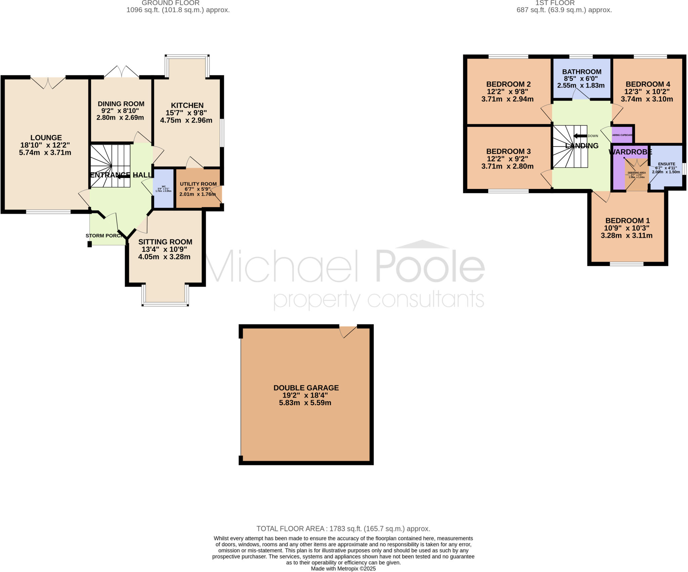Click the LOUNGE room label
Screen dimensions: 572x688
pyautogui.click(x=46, y=138)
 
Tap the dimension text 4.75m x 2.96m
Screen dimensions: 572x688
pyautogui.click(x=186, y=120)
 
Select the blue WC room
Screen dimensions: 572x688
pyautogui.click(x=164, y=188)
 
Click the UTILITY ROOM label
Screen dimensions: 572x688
pyautogui.click(x=198, y=184)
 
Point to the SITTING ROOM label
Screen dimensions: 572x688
pyautogui.click(x=165, y=242)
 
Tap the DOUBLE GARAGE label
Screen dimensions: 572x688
pyautogui.click(x=306, y=388)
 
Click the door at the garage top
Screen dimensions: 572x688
pyautogui.click(x=348, y=331)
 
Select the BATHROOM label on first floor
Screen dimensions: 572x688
pyautogui.click(x=582, y=72)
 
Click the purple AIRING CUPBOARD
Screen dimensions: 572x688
pyautogui.click(x=622, y=135)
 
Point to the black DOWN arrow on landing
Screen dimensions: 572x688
pyautogui.click(x=580, y=136)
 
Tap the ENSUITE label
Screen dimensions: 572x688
pyautogui.click(x=666, y=164)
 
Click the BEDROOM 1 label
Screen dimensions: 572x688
pyautogui.click(x=628, y=221)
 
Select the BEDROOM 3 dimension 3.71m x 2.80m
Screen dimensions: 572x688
pyautogui.click(x=507, y=166)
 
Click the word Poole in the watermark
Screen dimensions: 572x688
pyautogui.click(x=430, y=267)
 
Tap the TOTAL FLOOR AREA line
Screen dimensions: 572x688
pyautogui.click(x=343, y=529)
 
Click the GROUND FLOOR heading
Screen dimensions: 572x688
pyautogui.click(x=170, y=3)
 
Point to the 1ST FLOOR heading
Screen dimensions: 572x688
pyautogui.click(x=555, y=3)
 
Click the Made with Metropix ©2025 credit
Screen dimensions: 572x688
pyautogui.click(x=343, y=569)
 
